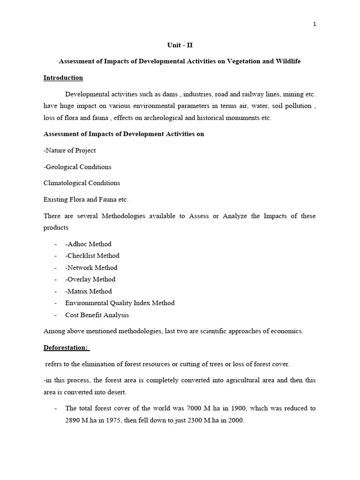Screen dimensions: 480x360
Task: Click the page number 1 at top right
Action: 315,24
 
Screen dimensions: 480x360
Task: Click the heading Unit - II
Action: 180,45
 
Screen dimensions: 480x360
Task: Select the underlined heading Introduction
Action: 63,78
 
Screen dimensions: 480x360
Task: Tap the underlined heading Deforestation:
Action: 66,348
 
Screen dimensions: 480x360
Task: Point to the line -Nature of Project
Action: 69,150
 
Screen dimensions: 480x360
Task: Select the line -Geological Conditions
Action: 77,167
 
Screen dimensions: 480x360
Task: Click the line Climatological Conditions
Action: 82,183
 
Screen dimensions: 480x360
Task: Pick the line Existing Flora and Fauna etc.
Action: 86,199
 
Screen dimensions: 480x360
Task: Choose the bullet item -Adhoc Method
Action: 88,244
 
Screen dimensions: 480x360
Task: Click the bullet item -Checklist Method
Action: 92,256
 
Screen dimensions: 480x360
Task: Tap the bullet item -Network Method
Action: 91,268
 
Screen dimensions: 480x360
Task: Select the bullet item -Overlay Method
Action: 90,279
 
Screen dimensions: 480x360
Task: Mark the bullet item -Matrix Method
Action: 89,291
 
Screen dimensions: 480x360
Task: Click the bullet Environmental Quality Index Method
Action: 120,303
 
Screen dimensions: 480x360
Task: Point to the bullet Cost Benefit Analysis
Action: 97,315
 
